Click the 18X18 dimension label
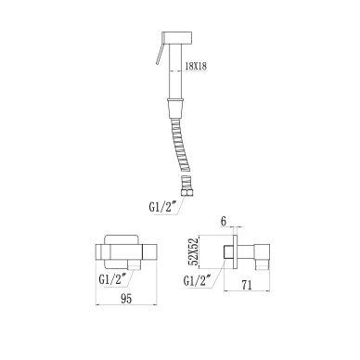pos(196,66)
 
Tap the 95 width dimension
pos(126,299)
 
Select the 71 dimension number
pos(247,285)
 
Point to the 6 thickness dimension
pos(224,222)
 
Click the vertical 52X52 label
pos(194,252)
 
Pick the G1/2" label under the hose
pos(162,207)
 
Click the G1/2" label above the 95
pos(112,279)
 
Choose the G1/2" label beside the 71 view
pos(198,281)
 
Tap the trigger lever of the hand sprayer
pos(160,53)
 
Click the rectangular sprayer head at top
pos(177,37)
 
